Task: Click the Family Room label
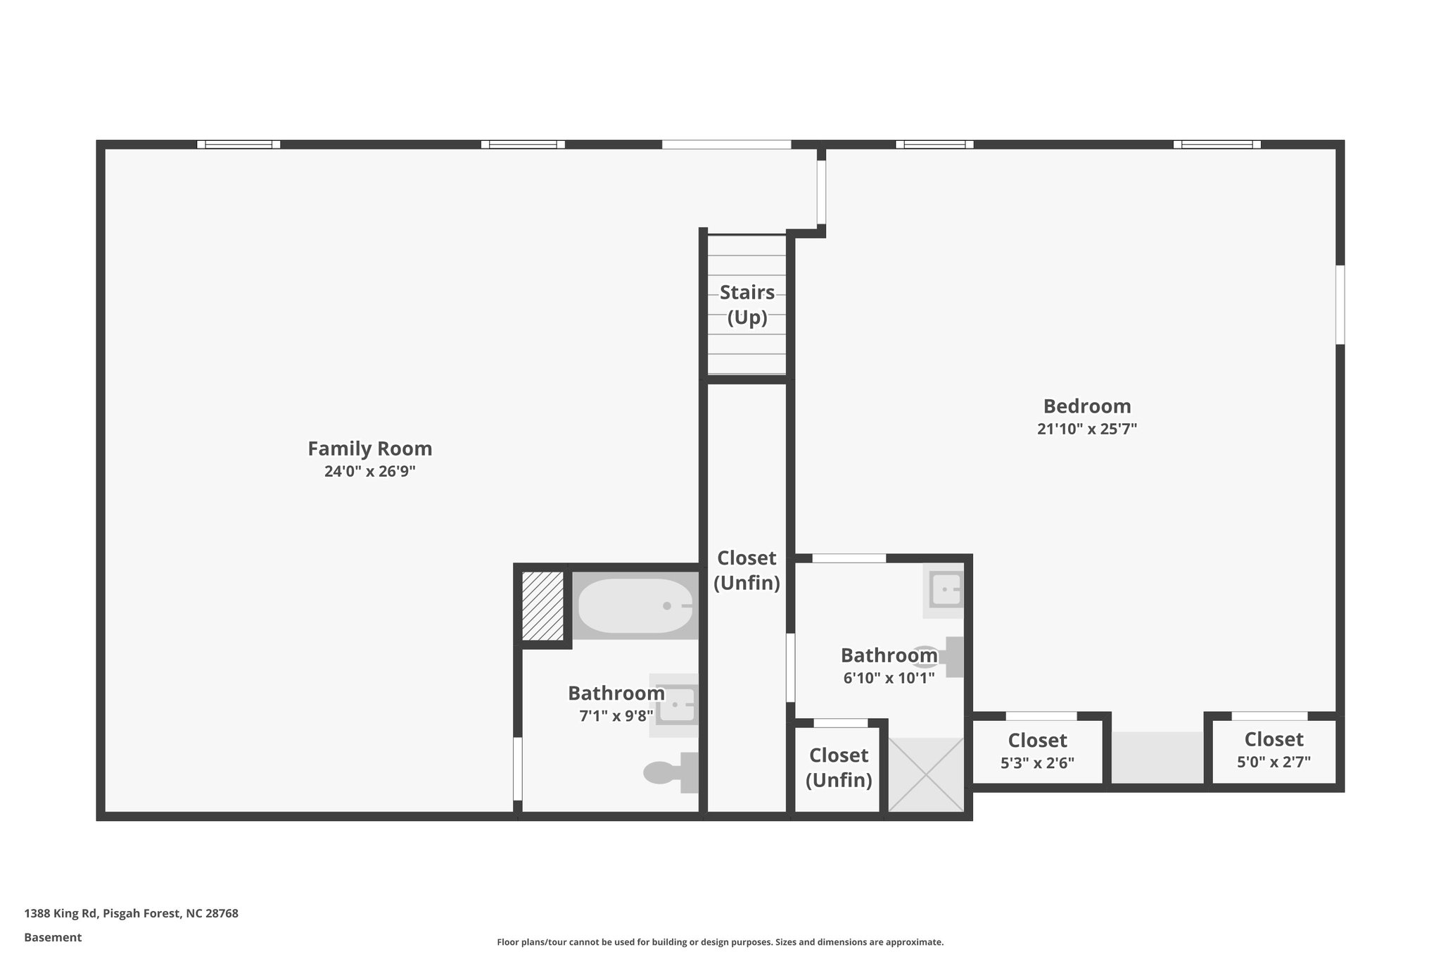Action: tap(369, 448)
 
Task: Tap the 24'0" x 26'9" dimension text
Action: tap(369, 472)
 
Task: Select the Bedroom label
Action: tap(1086, 406)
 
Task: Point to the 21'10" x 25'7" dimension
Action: tap(1086, 429)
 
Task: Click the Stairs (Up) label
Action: tap(747, 304)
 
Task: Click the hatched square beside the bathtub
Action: tap(542, 605)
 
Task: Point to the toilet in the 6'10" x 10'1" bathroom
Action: tap(943, 656)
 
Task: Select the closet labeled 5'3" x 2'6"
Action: tap(1037, 750)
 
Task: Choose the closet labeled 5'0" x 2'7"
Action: tap(1274, 750)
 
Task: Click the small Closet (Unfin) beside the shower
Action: tap(838, 767)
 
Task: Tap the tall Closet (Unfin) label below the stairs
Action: tap(747, 570)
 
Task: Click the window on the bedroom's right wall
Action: tap(1340, 304)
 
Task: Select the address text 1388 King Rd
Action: tap(131, 913)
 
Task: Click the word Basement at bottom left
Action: tap(53, 937)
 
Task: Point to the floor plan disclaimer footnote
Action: tap(720, 942)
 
